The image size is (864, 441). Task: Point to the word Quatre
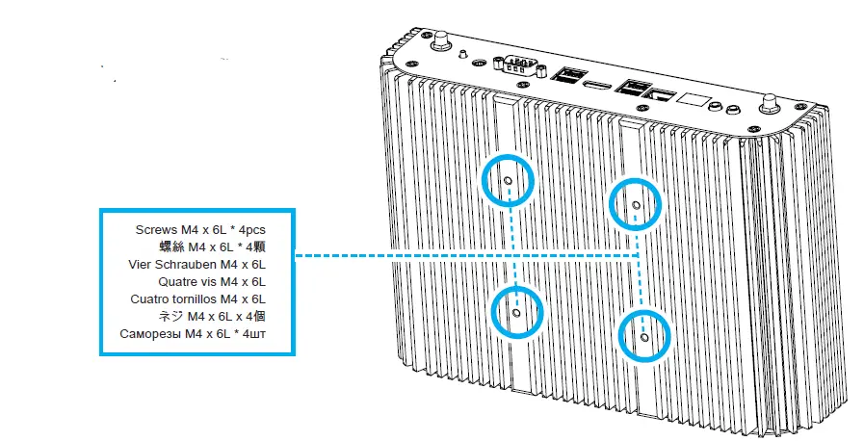(x=178, y=282)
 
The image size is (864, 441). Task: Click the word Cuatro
(x=149, y=299)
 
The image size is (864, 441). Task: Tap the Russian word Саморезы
(x=152, y=334)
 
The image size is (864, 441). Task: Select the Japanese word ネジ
(x=170, y=317)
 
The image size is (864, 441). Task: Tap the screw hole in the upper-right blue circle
(x=635, y=204)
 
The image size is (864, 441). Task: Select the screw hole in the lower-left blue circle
(x=516, y=312)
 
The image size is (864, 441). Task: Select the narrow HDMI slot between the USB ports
(x=597, y=86)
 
